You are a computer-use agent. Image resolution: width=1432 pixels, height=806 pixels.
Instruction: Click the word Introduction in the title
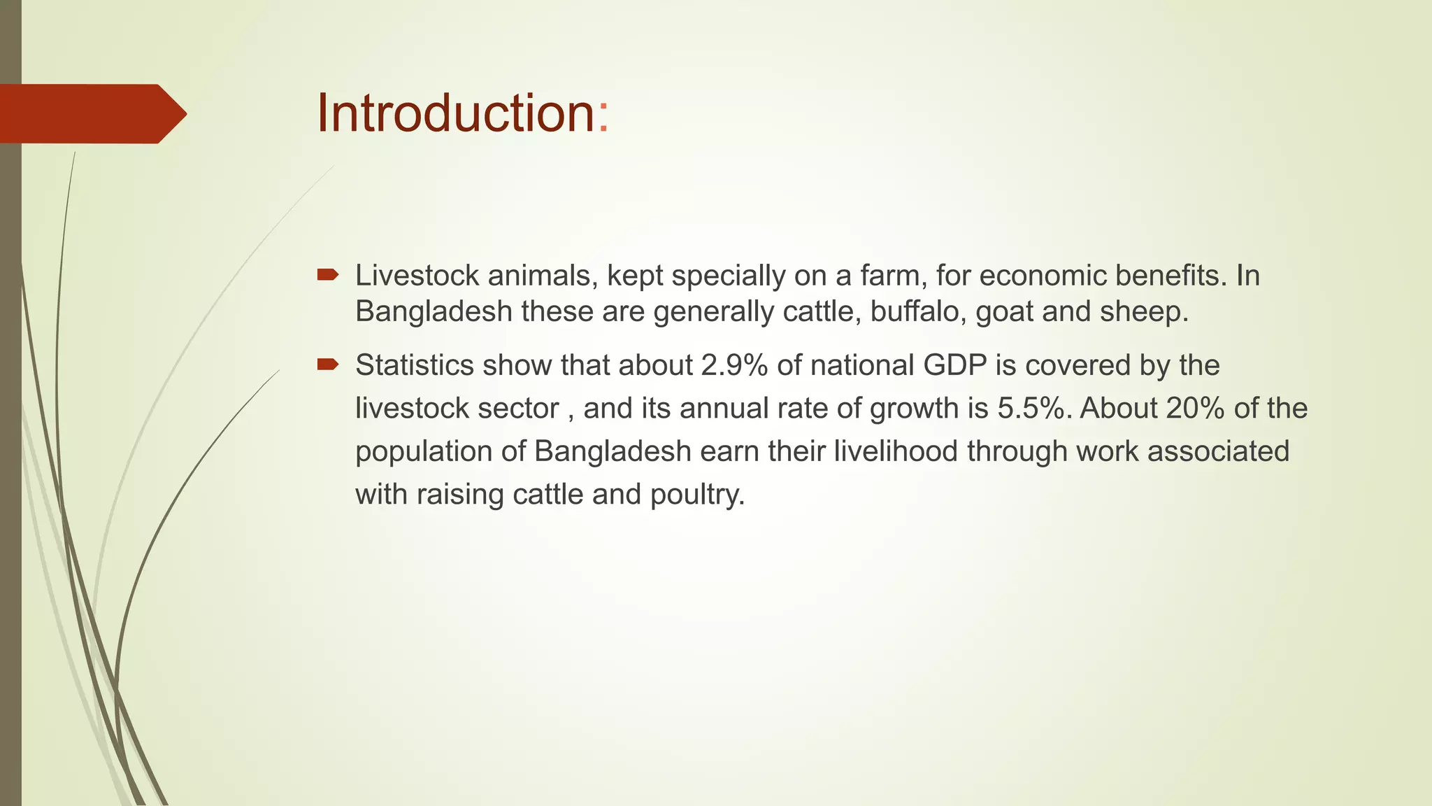[x=455, y=113]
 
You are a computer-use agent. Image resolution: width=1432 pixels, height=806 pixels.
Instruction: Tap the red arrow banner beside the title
[x=91, y=113]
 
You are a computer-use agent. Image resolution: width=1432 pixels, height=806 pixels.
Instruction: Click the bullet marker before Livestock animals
[x=327, y=275]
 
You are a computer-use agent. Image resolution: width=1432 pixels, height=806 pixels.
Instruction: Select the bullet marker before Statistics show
[x=327, y=364]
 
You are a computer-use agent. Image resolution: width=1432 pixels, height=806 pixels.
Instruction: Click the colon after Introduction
[x=603, y=115]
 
